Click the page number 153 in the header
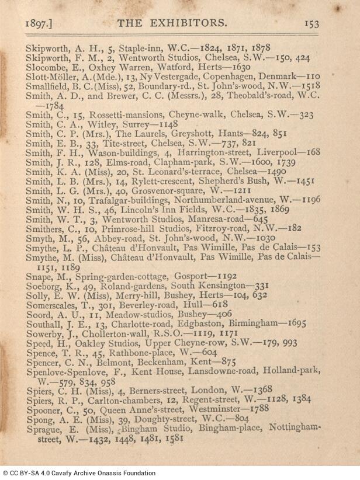pyautogui.click(x=311, y=24)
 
